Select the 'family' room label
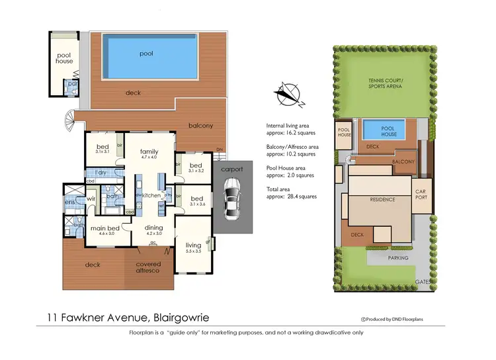(x=149, y=152)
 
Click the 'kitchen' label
(x=151, y=195)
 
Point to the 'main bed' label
(x=106, y=228)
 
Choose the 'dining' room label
(x=153, y=228)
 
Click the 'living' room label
(x=194, y=244)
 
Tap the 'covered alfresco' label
(x=149, y=268)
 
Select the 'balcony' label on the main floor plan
(x=200, y=126)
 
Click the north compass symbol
(x=290, y=94)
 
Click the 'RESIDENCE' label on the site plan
(x=382, y=199)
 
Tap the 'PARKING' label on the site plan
(x=397, y=258)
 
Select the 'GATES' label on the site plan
(x=423, y=281)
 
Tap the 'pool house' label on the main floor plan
(x=64, y=58)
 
